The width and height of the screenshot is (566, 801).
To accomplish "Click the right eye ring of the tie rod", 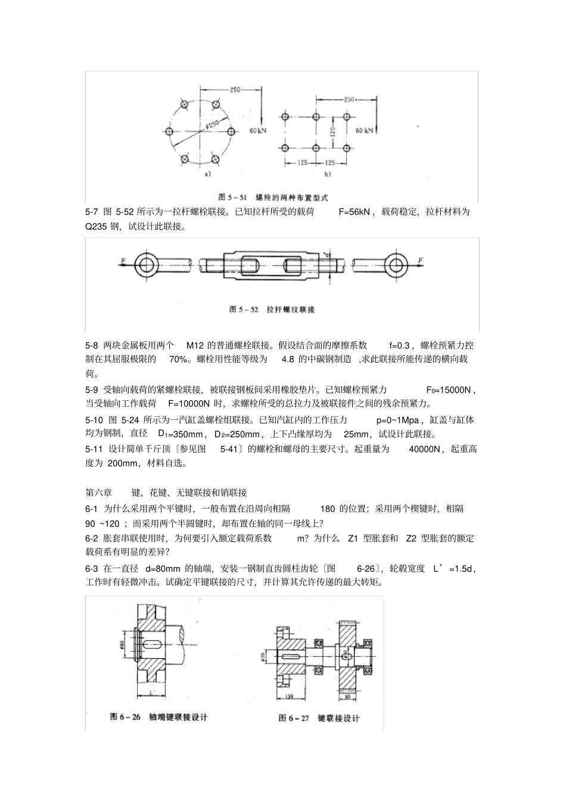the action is point(394,265).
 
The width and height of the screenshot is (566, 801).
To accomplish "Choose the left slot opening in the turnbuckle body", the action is point(250,265).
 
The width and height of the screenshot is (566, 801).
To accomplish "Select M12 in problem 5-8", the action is point(195,345).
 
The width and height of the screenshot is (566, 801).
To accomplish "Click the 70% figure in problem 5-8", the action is point(179,360).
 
